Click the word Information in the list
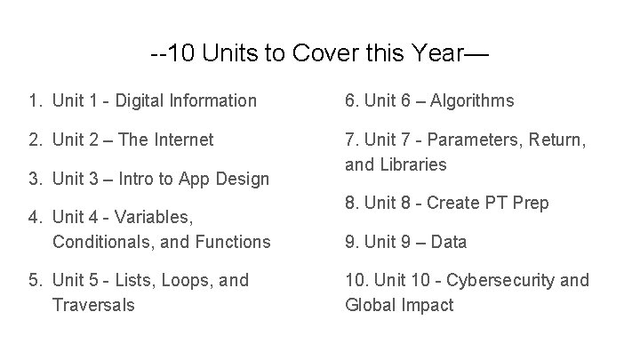[x=222, y=101]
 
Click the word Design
[x=238, y=179]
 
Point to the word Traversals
[x=93, y=304]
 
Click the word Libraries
[x=412, y=164]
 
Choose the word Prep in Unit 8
[x=531, y=203]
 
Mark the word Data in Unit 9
[x=449, y=242]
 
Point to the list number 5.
[x=34, y=281]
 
